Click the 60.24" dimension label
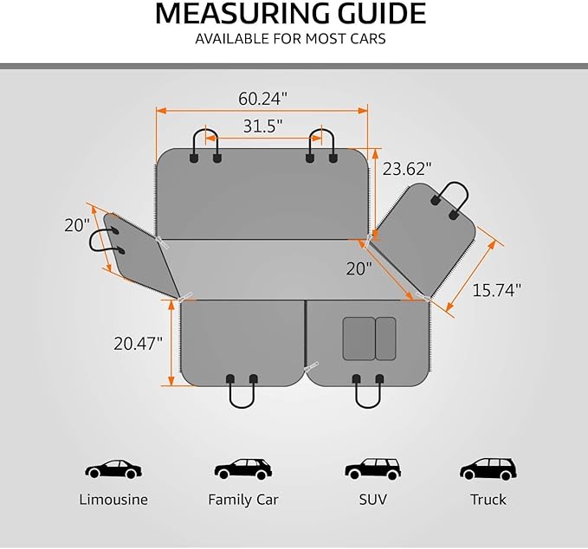pos(262,99)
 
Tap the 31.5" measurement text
pos(262,126)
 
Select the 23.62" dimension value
pos(407,169)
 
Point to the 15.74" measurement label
pos(496,290)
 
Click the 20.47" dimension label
pos(139,344)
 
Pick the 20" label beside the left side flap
pos(77,225)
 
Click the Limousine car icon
pos(113,469)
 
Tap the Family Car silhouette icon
pos(243,468)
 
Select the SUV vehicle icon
pos(372,468)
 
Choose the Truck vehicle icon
pos(488,468)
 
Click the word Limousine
pos(113,500)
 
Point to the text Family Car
pos(243,500)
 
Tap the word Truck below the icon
pos(488,500)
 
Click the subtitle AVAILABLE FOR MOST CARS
pos(290,39)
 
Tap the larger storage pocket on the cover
pos(359,339)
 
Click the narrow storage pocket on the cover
pos(385,339)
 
